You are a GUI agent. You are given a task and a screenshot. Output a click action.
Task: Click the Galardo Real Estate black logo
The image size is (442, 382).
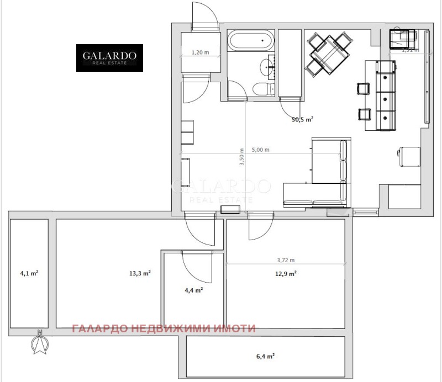(109, 58)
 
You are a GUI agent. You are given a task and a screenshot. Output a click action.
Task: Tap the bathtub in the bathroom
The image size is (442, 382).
(250, 41)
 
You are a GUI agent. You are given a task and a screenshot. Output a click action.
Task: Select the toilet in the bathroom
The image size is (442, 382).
(259, 88)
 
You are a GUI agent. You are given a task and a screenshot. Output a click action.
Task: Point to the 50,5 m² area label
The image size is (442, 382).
(303, 118)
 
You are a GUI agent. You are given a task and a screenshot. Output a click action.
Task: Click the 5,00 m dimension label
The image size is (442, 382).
(260, 150)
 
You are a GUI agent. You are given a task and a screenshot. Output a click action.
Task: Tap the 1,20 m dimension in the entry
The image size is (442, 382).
(199, 52)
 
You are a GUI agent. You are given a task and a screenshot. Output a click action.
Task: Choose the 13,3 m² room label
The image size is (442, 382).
(140, 273)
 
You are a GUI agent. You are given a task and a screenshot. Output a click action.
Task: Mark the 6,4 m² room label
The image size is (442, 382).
(266, 357)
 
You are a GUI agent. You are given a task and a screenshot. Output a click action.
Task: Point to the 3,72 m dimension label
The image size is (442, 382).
(286, 260)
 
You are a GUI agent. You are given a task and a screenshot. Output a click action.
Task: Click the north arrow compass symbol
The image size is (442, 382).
(39, 343)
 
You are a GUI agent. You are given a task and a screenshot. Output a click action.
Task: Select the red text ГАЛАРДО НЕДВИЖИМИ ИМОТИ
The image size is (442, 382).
(164, 328)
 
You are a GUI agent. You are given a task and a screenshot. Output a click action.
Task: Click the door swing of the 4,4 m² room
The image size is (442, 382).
(196, 268)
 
